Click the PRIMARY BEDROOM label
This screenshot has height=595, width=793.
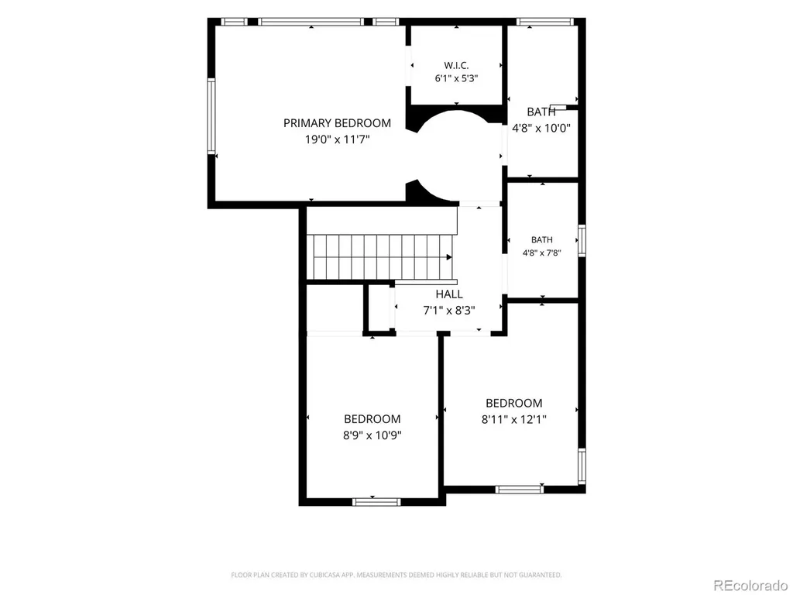337,123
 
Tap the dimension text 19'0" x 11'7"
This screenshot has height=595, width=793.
338,139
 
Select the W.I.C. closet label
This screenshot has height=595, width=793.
456,65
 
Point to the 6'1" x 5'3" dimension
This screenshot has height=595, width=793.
456,78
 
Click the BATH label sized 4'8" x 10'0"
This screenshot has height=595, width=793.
541,112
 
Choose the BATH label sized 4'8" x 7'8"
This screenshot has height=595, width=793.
541,240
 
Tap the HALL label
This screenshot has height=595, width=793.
449,294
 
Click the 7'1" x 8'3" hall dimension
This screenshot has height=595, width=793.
449,310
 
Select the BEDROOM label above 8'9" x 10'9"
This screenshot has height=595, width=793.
372,419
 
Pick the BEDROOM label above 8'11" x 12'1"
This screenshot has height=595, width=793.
514,403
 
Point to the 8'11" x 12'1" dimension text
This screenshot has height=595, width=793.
514,419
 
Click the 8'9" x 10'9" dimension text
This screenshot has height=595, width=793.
372,435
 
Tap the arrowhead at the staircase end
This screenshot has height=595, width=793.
449,257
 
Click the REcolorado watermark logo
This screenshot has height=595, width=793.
750,586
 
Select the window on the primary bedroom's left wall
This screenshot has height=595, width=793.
211,116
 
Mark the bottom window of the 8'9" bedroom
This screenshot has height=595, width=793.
376,502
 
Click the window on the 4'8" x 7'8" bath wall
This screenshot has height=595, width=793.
582,241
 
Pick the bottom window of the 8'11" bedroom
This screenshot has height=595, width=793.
520,490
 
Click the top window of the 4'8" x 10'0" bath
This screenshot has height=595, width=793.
545,22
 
